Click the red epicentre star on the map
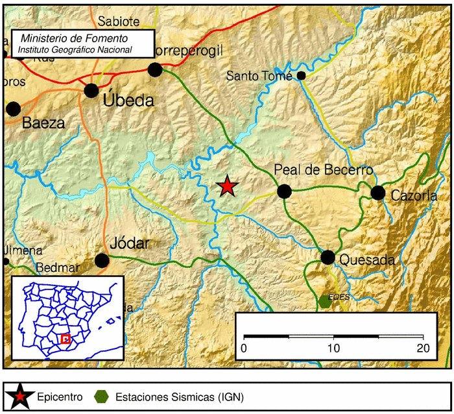(227, 186)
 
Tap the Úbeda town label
(128, 101)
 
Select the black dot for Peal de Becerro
(284, 191)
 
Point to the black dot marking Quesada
(328, 258)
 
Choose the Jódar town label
(130, 243)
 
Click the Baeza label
(43, 123)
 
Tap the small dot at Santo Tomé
(302, 76)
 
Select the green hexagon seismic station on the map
(325, 302)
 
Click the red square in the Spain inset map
(65, 338)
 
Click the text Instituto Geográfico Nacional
(75, 49)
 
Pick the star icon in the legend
(21, 396)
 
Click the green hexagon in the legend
(101, 396)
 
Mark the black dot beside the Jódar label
(102, 261)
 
